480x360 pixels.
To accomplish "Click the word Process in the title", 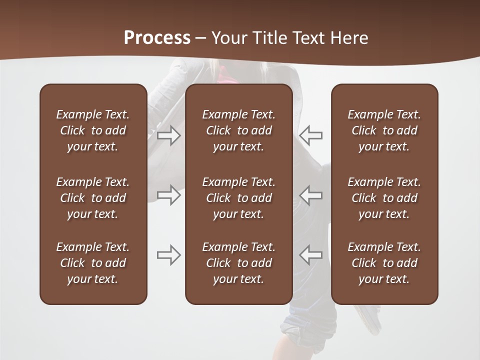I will click(157, 38).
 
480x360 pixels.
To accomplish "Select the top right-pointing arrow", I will click(169, 135).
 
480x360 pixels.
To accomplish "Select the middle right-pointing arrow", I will click(169, 195).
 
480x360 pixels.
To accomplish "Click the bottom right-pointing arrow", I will click(169, 255).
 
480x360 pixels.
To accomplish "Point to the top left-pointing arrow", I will click(311, 135).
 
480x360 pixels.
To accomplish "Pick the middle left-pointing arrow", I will click(311, 195).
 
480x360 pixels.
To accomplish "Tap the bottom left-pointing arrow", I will click(311, 255).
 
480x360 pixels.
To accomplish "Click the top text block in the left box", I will click(93, 130).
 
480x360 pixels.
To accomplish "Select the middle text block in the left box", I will click(93, 198).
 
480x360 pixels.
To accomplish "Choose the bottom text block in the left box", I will click(93, 263).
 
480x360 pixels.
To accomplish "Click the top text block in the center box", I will click(238, 130).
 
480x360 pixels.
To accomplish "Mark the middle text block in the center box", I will click(238, 198).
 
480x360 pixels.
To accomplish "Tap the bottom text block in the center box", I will click(238, 263).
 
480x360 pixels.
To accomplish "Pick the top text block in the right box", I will click(384, 130).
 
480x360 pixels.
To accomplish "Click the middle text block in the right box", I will click(384, 198).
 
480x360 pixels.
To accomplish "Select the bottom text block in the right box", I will click(384, 263).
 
